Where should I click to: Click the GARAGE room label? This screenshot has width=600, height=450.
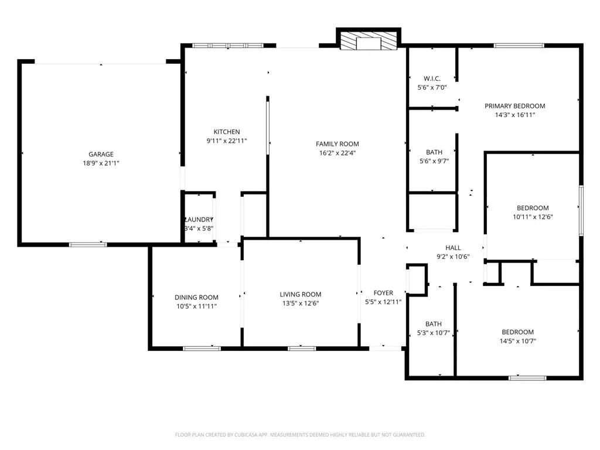[101, 154]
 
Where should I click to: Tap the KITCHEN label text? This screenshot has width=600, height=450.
[227, 132]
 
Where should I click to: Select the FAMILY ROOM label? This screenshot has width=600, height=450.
[337, 144]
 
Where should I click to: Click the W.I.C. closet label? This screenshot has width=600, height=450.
[432, 79]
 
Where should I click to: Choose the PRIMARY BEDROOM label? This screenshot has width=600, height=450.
[514, 106]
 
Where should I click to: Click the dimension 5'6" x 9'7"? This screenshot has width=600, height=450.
[434, 161]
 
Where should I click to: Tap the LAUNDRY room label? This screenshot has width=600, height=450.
[199, 220]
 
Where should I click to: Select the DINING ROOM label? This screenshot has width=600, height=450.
[196, 297]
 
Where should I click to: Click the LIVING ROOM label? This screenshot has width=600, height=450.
[301, 294]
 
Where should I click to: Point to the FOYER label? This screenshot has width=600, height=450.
[383, 293]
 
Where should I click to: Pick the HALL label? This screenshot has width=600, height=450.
[453, 248]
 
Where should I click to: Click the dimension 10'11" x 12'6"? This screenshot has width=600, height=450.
[533, 217]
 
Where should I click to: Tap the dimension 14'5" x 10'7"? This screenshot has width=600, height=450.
[518, 341]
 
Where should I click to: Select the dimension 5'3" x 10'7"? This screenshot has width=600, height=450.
[433, 333]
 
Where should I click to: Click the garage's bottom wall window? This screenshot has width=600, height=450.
[88, 244]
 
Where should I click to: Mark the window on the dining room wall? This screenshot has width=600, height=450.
[202, 349]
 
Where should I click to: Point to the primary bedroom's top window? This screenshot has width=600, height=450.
[519, 46]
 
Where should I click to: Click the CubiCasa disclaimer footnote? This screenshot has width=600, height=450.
[300, 435]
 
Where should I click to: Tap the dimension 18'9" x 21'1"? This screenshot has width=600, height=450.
[101, 163]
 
